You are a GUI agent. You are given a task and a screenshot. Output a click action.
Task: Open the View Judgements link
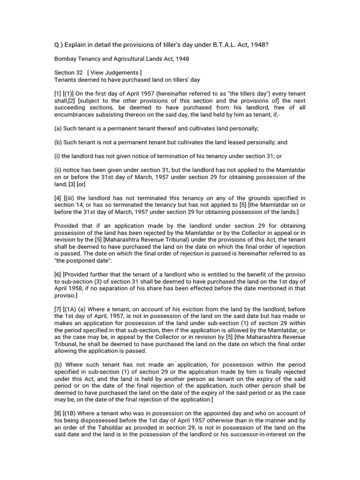[117, 73]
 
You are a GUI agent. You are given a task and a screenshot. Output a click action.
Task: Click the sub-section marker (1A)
[73, 312]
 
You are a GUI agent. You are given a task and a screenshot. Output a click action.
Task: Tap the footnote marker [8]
[59, 413]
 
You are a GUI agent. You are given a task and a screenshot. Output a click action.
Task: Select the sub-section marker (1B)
[73, 413]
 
